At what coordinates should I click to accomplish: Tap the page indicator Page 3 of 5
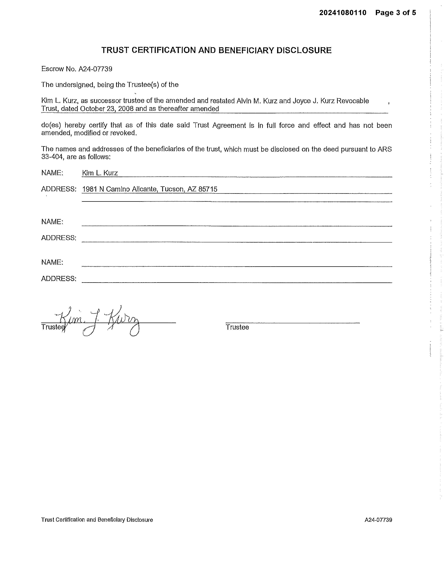point(395,13)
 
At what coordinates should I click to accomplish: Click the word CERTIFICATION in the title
point(163,50)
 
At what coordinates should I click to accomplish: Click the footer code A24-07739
point(378,520)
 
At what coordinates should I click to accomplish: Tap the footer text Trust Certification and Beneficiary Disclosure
point(97,520)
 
